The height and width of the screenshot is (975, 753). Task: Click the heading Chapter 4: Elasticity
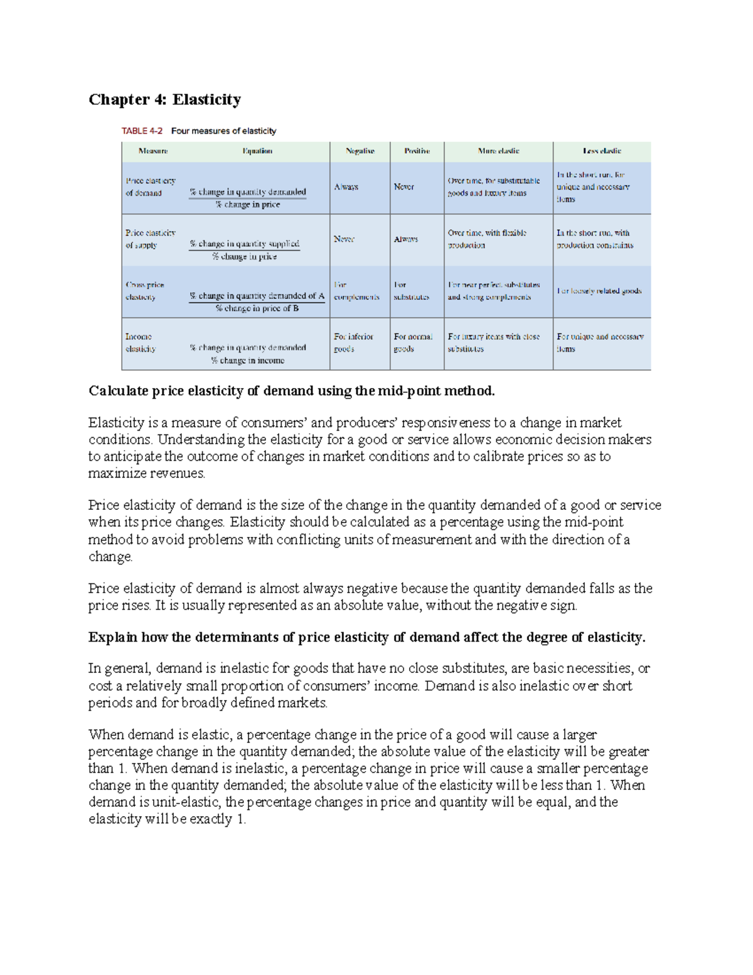coord(164,100)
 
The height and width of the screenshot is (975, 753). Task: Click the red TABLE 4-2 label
coord(142,131)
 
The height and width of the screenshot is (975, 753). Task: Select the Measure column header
coord(153,151)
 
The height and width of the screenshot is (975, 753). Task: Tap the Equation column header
coord(257,151)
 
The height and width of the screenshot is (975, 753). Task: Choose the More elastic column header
coord(498,151)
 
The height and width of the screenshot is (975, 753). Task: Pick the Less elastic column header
coord(601,151)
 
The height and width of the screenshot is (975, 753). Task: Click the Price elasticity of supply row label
coord(150,239)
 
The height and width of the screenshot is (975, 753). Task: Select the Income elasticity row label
coord(140,343)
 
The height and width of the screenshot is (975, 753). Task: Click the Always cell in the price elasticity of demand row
coord(346,187)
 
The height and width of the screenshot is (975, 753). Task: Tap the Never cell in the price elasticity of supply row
coord(344,239)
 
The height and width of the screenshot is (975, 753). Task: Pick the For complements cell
coord(356,291)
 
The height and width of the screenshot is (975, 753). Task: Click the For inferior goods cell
coord(353,343)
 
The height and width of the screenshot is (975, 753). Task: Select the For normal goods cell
coord(412,343)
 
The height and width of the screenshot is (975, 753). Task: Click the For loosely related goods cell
coord(599,291)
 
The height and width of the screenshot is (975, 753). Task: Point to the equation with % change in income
coord(248,354)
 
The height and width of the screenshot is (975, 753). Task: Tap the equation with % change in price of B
coord(257,302)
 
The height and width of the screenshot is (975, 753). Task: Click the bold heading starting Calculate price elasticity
coord(291,391)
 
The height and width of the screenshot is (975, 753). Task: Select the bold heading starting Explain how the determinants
coord(366,638)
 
